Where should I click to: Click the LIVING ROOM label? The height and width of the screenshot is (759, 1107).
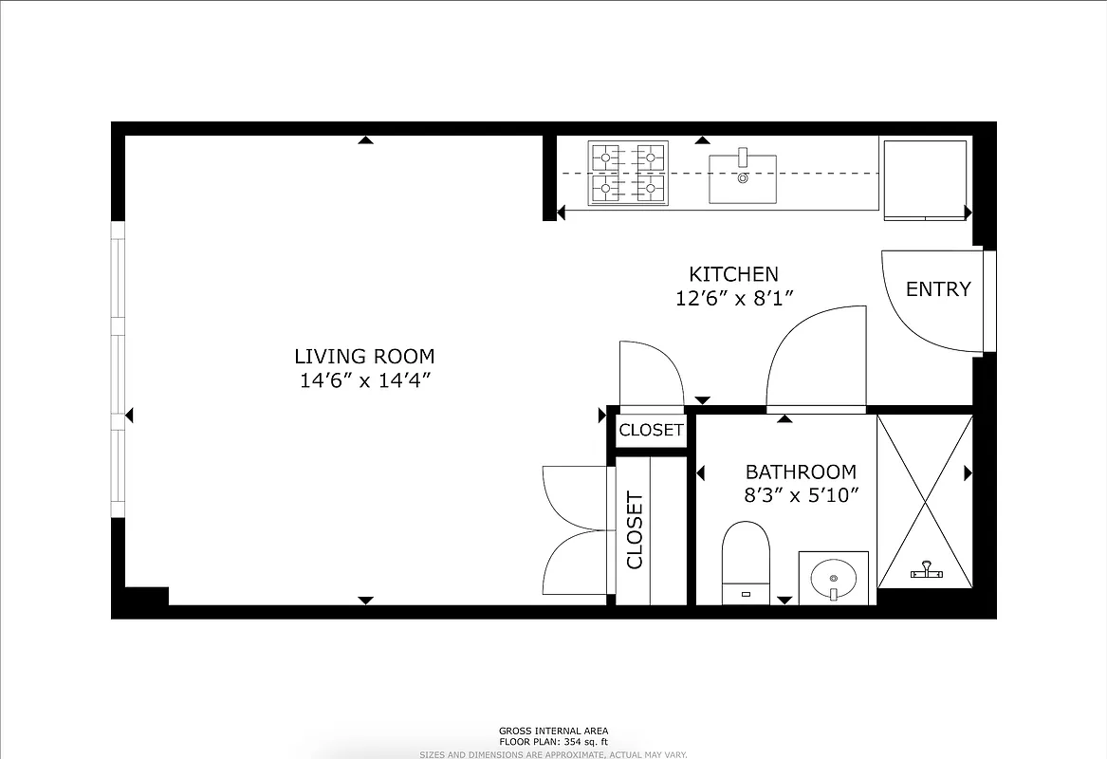point(364,357)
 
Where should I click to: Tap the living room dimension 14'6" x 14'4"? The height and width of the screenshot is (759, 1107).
point(364,381)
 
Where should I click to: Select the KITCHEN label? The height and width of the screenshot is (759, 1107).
point(733,274)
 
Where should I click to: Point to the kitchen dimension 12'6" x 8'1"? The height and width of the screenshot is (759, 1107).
point(733,298)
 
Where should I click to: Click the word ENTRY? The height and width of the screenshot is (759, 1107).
point(938,289)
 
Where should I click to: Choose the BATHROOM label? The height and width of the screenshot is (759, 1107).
point(801,472)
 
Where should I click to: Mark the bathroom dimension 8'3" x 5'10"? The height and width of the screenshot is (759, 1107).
point(801,494)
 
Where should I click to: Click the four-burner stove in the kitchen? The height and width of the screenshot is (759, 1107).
point(627,174)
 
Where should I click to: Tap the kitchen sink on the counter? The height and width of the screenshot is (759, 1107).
point(743,178)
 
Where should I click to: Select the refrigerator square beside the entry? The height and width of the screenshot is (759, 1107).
point(925,179)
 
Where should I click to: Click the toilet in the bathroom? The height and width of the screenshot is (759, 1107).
point(745,562)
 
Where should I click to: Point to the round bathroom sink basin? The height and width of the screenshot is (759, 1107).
point(834,577)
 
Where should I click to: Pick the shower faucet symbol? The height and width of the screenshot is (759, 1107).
point(926,571)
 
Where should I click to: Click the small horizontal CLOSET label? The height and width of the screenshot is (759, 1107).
point(651,430)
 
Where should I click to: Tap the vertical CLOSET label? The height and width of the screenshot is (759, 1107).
point(635,530)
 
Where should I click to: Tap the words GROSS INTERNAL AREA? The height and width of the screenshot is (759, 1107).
point(554,731)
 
